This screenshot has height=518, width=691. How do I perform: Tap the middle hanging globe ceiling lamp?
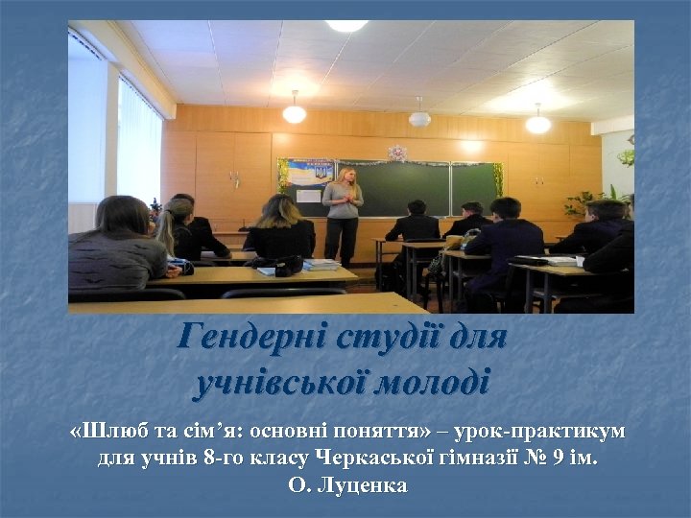pyautogui.click(x=419, y=118)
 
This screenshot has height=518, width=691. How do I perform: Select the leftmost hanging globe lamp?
pyautogui.click(x=294, y=113)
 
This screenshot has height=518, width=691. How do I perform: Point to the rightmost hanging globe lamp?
pyautogui.click(x=538, y=124)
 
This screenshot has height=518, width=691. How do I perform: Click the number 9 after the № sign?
pyautogui.click(x=555, y=458)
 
